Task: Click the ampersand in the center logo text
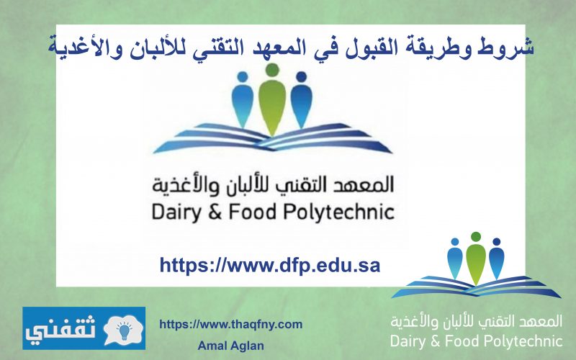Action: point(215,212)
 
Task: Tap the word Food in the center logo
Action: point(253,212)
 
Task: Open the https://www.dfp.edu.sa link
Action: point(269,265)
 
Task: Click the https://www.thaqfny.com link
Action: point(230,325)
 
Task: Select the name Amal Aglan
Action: point(230,346)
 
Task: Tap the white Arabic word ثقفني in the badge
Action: point(60,329)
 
